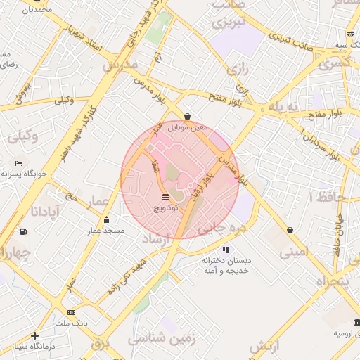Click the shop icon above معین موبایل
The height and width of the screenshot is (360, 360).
(187, 116)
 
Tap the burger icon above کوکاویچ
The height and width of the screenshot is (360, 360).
(165, 197)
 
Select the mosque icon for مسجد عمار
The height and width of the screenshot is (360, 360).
(106, 219)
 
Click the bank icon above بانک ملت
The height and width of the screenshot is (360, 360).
(71, 312)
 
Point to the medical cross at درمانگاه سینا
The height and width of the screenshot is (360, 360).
(34, 335)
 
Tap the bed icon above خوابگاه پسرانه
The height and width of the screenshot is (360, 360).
(18, 163)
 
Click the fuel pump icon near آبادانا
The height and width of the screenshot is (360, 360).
(25, 231)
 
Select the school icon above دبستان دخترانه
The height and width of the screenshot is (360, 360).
(226, 250)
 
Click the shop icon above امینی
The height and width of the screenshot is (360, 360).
(290, 230)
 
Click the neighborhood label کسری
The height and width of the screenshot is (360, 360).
(336, 64)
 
